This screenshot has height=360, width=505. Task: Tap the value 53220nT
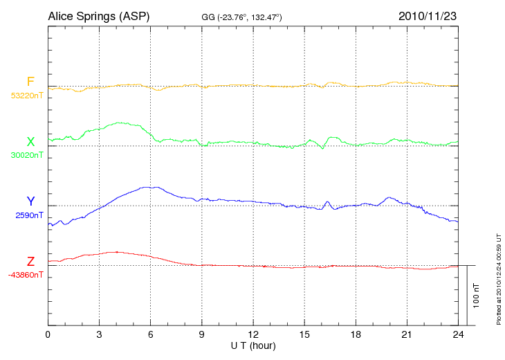click(26, 96)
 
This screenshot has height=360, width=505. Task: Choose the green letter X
click(30, 142)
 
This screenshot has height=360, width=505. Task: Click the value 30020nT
click(26, 155)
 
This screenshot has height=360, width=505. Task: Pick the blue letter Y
click(30, 201)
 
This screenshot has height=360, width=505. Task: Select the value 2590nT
click(29, 215)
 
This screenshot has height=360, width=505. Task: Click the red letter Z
click(30, 262)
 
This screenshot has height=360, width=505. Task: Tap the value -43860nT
click(26, 275)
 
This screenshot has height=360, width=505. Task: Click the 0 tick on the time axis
click(48, 334)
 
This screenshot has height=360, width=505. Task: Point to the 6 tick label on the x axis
click(151, 334)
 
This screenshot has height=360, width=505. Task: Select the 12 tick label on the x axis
click(253, 334)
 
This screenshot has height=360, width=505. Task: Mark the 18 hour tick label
click(356, 334)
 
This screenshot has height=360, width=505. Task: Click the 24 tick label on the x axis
click(458, 334)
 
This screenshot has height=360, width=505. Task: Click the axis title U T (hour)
click(253, 345)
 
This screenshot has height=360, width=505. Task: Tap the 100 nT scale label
click(477, 296)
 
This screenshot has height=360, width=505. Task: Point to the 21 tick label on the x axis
click(407, 334)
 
